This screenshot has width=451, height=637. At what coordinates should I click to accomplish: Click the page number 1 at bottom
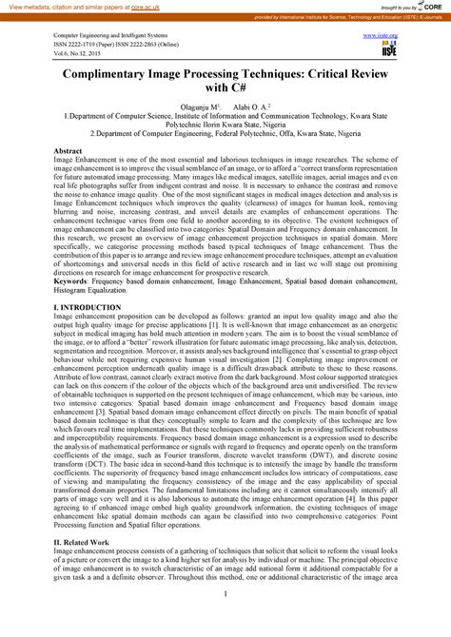[x=225, y=621]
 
